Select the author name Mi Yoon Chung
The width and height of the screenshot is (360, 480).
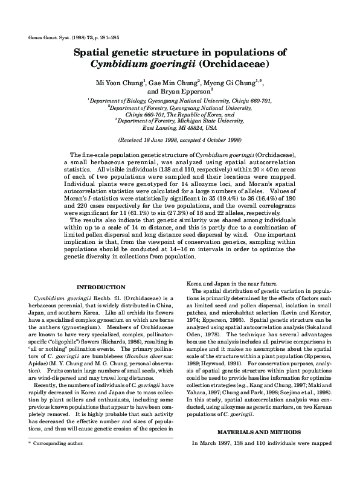point(115,82)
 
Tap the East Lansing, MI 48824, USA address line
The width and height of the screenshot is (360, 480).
point(179,128)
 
